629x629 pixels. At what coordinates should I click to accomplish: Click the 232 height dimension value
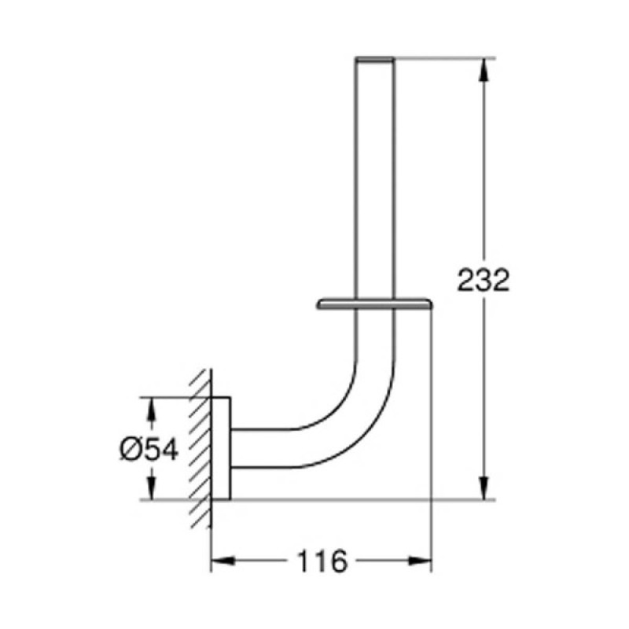(484, 280)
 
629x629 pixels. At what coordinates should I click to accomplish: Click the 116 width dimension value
(322, 561)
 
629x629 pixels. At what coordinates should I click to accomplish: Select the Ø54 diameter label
(149, 449)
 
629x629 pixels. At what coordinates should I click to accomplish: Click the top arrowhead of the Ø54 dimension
(149, 406)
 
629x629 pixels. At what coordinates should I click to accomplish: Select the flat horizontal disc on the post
(374, 303)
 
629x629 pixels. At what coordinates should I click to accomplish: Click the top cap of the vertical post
(374, 59)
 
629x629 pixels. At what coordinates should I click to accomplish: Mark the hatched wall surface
(200, 448)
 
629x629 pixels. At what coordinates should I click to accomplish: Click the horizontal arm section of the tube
(267, 448)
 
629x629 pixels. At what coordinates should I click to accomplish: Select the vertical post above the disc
(374, 181)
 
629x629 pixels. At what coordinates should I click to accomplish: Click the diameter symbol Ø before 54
(131, 449)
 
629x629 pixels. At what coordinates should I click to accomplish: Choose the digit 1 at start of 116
(303, 561)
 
